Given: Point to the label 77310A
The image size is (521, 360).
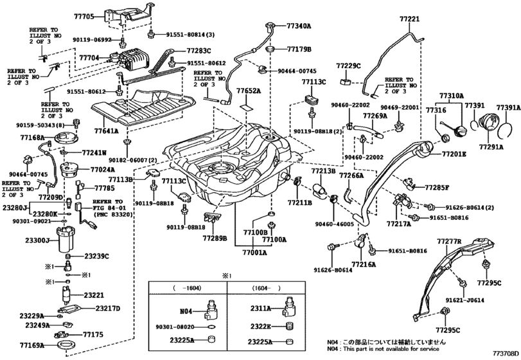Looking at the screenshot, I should click(452, 96).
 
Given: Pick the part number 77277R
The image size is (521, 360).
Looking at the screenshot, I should click(450, 241).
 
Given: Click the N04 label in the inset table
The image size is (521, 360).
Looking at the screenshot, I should click(186, 311).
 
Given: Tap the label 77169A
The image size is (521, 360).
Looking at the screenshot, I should click(31, 346).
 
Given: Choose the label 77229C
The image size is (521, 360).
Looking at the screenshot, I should click(349, 66).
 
